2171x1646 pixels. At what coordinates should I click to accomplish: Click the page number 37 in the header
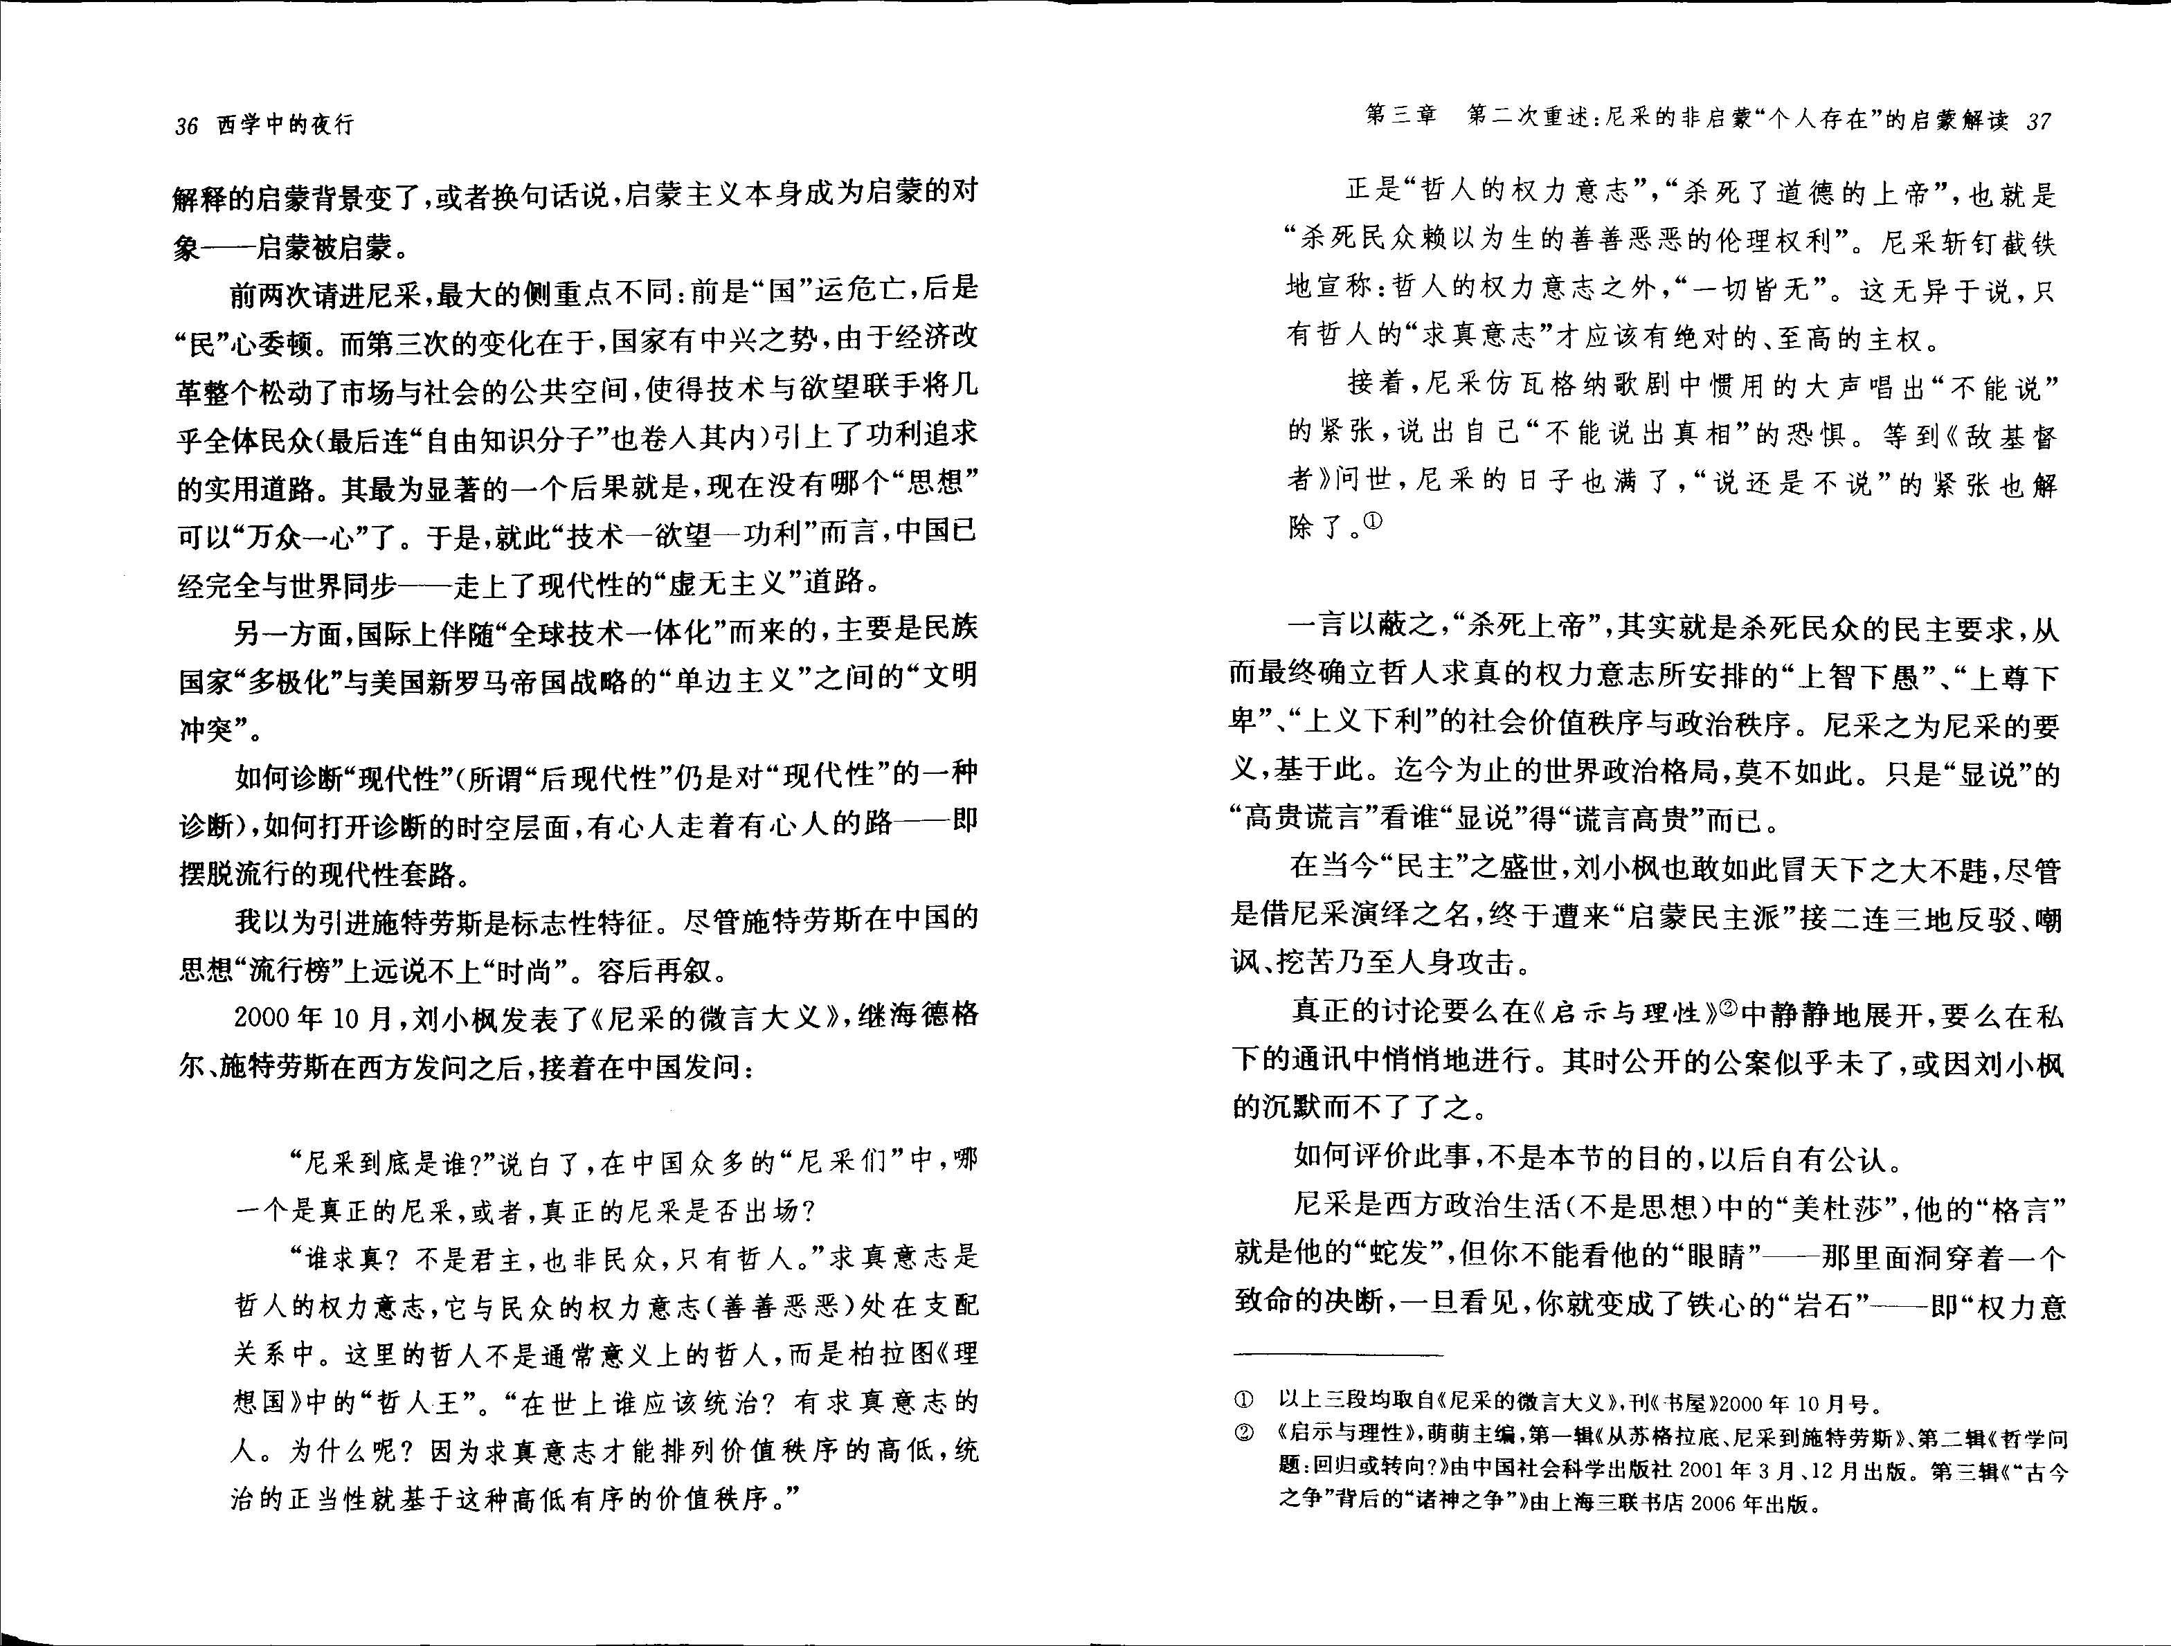click(2039, 122)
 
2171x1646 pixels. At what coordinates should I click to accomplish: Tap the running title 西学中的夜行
click(285, 126)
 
